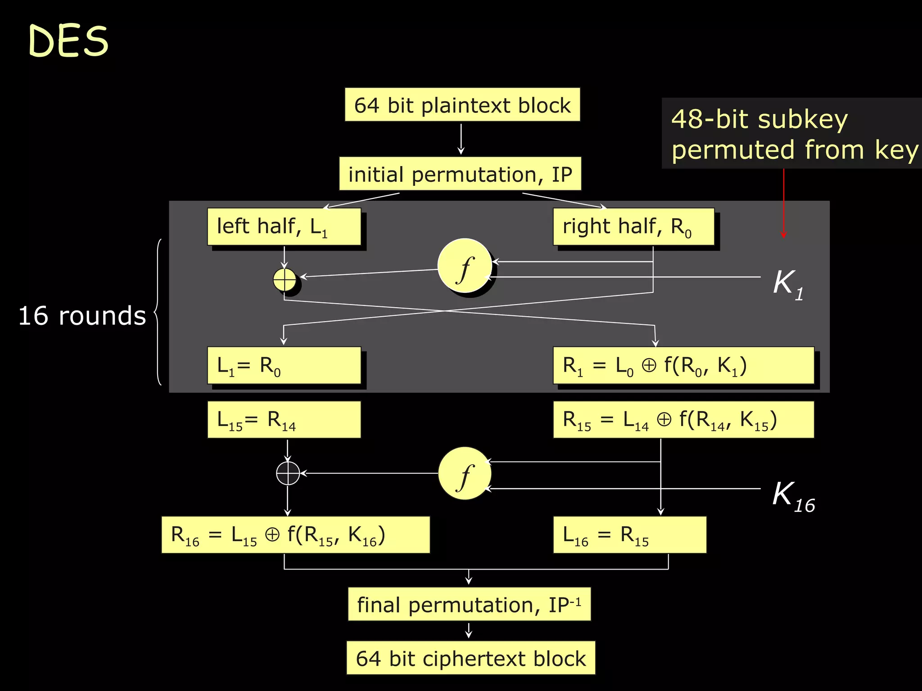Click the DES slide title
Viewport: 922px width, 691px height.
point(68,41)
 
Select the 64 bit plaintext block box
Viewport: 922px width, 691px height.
point(462,105)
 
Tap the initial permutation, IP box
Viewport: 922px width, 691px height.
point(460,174)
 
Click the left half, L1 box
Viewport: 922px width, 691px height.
point(284,227)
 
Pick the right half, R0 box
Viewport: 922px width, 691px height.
point(633,227)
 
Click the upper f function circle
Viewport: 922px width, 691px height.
point(465,266)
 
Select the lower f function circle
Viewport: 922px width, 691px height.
point(465,474)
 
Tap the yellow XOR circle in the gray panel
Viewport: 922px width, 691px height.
point(285,279)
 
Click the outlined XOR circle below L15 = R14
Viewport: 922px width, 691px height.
point(288,473)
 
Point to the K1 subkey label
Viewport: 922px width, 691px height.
point(788,284)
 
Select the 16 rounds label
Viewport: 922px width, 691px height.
point(82,316)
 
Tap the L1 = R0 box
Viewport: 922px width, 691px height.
point(284,365)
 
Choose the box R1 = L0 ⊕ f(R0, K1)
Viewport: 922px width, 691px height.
point(683,365)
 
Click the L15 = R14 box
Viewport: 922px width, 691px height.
point(284,420)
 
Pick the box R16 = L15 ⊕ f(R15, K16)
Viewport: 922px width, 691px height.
point(295,535)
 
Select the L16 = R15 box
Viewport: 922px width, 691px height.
point(629,535)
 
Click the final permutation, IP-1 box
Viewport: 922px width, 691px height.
point(469,604)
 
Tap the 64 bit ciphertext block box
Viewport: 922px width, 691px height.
point(470,658)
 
